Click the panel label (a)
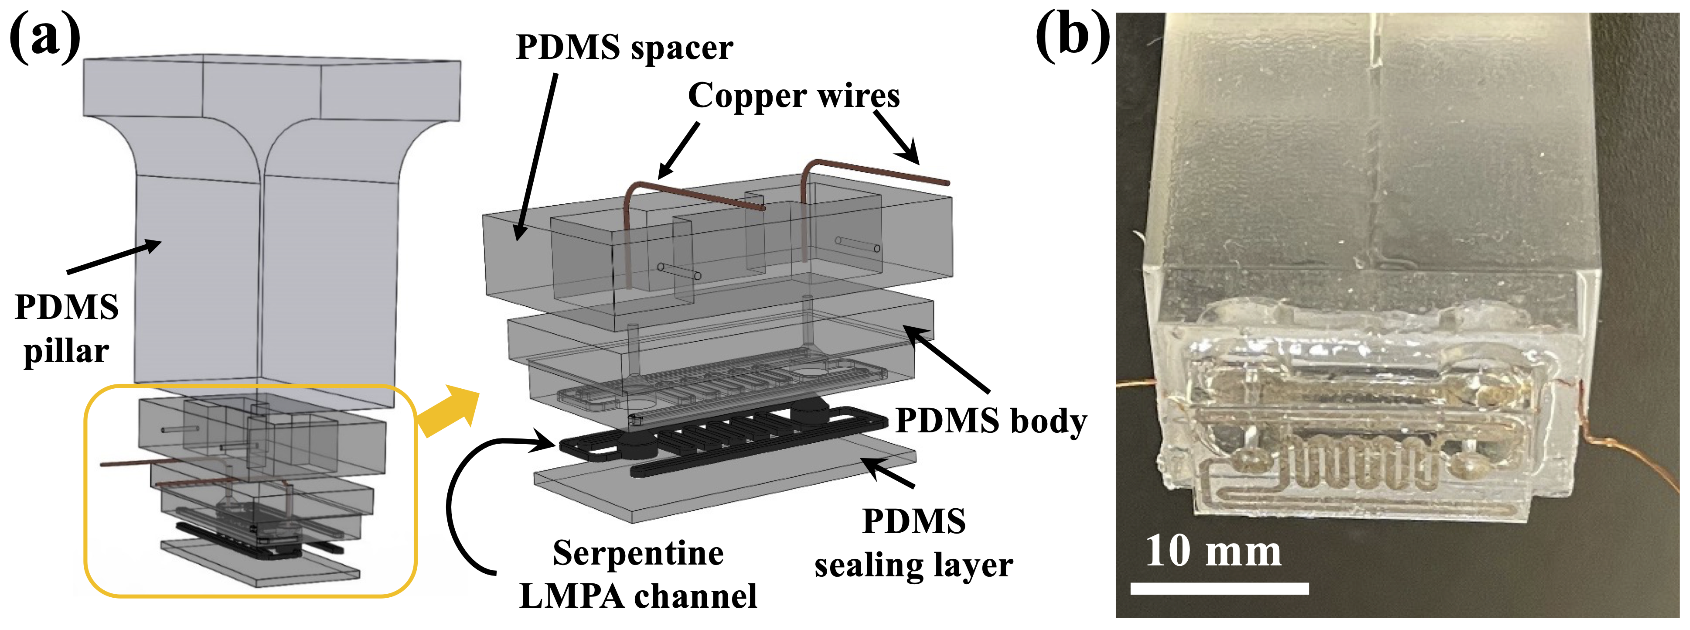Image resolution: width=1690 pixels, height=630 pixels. click(x=44, y=36)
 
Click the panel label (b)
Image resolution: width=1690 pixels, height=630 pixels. click(x=1073, y=36)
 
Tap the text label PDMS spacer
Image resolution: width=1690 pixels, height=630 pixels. click(x=624, y=47)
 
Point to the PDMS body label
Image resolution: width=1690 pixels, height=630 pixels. click(x=991, y=421)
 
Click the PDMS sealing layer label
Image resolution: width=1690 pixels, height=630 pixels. click(x=913, y=543)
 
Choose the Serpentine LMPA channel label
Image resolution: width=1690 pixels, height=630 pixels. click(x=638, y=574)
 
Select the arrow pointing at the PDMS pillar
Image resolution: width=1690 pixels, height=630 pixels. click(x=115, y=257)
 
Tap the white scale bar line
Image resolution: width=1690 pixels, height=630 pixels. click(x=1219, y=588)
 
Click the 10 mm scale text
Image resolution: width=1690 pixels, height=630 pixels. click(x=1213, y=551)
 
